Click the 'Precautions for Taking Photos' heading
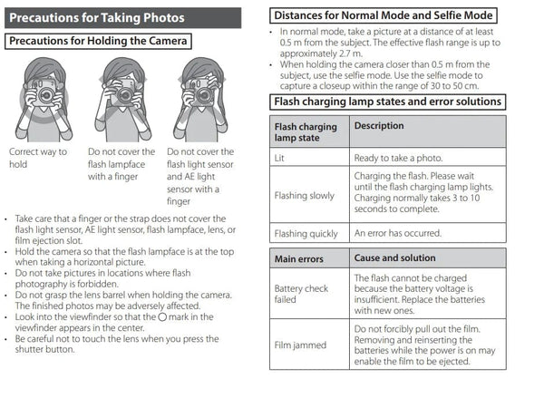(x=98, y=18)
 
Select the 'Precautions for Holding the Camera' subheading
(x=99, y=41)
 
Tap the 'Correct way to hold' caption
(x=37, y=158)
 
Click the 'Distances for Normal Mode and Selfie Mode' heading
(x=384, y=15)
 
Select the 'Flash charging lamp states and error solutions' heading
(x=387, y=102)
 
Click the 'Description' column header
(x=379, y=126)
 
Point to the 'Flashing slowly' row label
(x=304, y=195)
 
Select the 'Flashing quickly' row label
(x=306, y=233)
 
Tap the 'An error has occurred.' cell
(x=397, y=233)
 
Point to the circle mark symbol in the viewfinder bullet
(x=162, y=316)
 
